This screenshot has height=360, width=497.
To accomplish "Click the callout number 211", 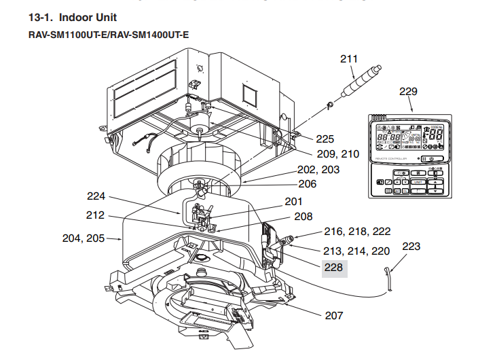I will click(x=348, y=59).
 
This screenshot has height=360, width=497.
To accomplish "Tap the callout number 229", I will click(x=409, y=92).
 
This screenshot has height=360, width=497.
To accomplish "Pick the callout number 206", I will click(x=308, y=183).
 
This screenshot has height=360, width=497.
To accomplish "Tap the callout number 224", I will click(x=96, y=197).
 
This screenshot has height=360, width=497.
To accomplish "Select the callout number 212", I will click(x=96, y=216).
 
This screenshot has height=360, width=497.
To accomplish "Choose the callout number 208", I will click(x=303, y=217).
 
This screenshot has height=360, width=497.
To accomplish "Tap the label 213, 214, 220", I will click(x=357, y=251).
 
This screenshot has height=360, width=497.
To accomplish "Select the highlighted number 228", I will click(x=333, y=269).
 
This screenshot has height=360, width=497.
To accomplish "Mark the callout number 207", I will click(x=334, y=315).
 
